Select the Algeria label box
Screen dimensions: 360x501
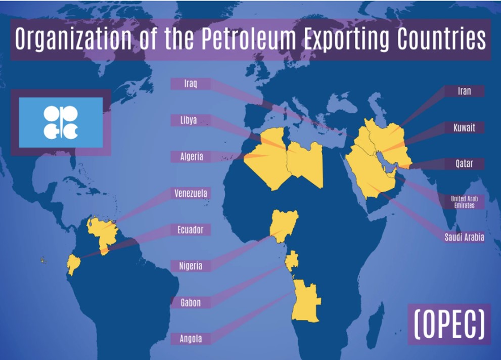click(192, 157)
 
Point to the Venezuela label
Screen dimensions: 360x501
click(191, 193)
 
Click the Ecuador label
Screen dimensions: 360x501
click(190, 230)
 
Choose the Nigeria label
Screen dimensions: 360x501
click(191, 266)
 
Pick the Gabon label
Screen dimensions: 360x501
click(191, 303)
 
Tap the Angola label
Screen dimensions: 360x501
click(191, 339)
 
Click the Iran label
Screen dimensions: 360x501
click(464, 91)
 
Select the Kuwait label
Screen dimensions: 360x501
click(464, 127)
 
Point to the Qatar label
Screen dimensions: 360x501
click(464, 164)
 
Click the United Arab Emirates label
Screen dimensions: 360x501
click(464, 202)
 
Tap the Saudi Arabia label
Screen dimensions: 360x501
click(464, 237)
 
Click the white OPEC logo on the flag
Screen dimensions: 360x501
click(61, 122)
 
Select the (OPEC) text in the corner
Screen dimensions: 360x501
click(449, 324)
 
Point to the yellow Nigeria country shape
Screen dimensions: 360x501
click(284, 224)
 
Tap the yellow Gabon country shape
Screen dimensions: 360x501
click(292, 262)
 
